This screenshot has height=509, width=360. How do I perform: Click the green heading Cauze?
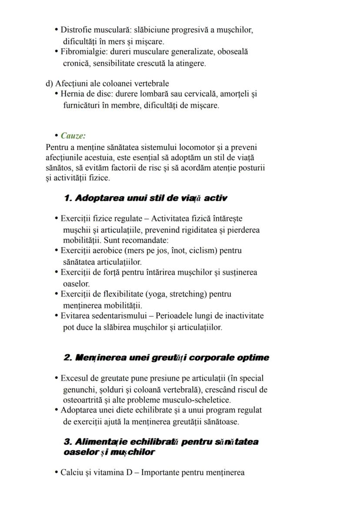click(73, 136)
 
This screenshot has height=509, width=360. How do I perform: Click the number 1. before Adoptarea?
click(68, 198)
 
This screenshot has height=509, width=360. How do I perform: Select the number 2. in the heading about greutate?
click(68, 358)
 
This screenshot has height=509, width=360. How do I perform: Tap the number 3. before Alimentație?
click(68, 442)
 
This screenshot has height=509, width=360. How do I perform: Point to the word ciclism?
click(213, 251)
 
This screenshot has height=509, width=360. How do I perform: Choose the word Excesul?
click(73, 379)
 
